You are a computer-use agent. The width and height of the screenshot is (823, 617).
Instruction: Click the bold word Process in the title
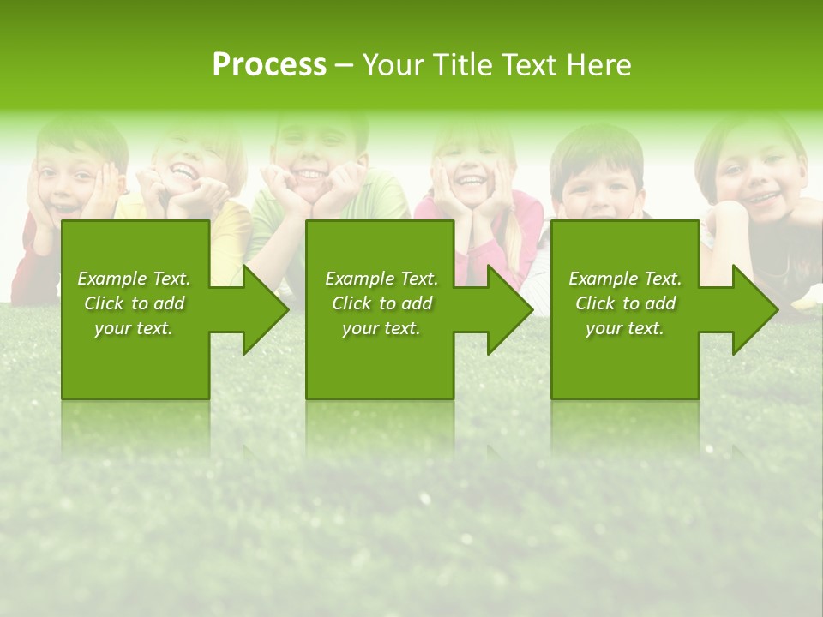click(269, 65)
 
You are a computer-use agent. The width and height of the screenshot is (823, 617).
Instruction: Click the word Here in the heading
click(597, 65)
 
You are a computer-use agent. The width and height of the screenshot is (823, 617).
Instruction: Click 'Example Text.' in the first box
click(134, 279)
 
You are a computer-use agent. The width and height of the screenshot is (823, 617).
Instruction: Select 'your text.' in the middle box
click(381, 328)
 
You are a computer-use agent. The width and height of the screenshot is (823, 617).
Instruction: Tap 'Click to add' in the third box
click(625, 303)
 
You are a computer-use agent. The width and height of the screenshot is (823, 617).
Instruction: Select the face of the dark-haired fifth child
click(598, 184)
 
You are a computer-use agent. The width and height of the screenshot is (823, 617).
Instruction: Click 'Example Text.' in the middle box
click(381, 279)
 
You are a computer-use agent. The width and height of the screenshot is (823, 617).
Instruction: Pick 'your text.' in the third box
click(625, 328)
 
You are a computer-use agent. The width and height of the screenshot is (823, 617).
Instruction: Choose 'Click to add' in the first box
click(134, 303)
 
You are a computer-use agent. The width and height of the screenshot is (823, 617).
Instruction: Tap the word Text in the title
click(528, 65)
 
